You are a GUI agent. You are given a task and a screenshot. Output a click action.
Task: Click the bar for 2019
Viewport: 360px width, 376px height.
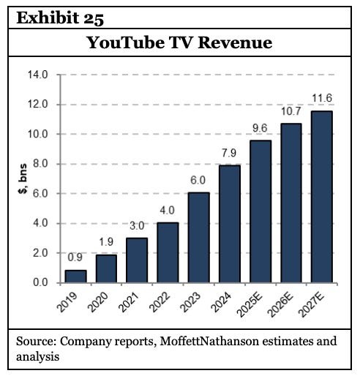pos(75,276)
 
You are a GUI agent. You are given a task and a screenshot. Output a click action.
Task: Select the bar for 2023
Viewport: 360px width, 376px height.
pos(198,238)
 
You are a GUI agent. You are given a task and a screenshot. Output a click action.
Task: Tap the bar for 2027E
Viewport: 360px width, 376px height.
pos(322,196)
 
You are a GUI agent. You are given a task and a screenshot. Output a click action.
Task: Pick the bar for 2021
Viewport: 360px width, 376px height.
pos(136,260)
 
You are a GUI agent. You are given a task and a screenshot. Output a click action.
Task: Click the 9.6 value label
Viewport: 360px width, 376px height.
pos(260,129)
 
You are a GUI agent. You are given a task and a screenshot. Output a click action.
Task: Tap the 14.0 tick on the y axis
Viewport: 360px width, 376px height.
pos(37,75)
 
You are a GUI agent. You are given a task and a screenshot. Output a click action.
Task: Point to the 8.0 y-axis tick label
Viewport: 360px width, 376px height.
pos(40,164)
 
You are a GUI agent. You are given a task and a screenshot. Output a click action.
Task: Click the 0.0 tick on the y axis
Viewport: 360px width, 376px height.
pos(40,283)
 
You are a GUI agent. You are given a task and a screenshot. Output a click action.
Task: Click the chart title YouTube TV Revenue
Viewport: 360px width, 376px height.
pos(179,43)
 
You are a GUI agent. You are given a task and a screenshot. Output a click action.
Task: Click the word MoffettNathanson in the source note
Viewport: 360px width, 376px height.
pos(192,340)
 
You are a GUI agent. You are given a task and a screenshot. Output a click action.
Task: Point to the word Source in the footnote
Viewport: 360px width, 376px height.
pos(34,340)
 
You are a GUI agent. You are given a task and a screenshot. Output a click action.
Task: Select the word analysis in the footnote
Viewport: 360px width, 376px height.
pos(37,356)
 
